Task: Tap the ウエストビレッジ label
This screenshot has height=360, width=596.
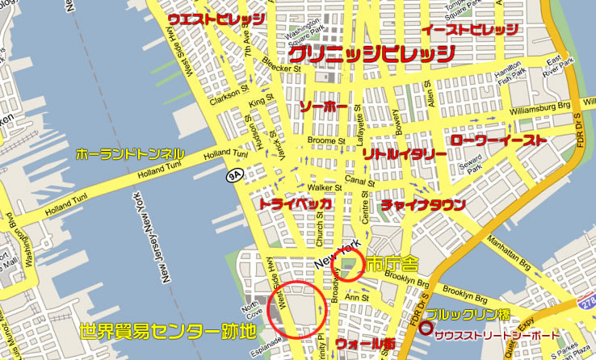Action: point(216,19)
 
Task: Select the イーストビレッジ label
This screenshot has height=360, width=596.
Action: point(470,30)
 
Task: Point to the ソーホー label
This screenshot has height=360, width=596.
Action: point(322,107)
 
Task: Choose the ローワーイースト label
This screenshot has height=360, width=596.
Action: point(498,140)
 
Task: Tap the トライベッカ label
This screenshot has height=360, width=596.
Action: point(295,205)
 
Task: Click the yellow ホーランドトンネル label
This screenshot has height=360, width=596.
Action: point(130,153)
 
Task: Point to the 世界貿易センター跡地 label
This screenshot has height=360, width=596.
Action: point(168,332)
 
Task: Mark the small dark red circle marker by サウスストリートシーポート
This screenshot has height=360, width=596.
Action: point(425,329)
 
